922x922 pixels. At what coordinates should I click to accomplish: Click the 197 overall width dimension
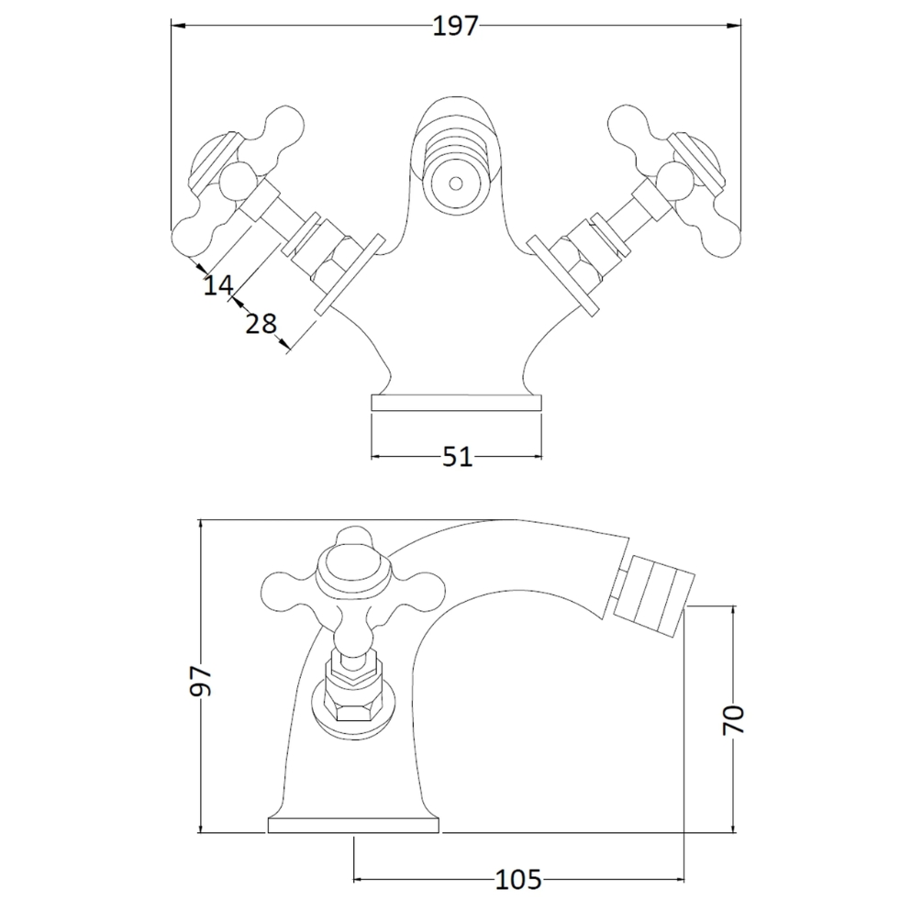pyautogui.click(x=456, y=27)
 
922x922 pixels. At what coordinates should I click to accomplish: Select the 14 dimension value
pyautogui.click(x=218, y=285)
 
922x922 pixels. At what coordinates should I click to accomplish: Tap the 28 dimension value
pyautogui.click(x=261, y=324)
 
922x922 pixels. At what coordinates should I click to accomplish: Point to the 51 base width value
pyautogui.click(x=458, y=457)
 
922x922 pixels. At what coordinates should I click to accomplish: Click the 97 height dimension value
pyautogui.click(x=201, y=681)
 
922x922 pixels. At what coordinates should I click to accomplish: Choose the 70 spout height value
pyautogui.click(x=733, y=720)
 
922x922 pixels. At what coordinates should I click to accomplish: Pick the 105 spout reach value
pyautogui.click(x=518, y=880)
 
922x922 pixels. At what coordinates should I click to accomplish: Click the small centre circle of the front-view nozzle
pyautogui.click(x=456, y=183)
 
